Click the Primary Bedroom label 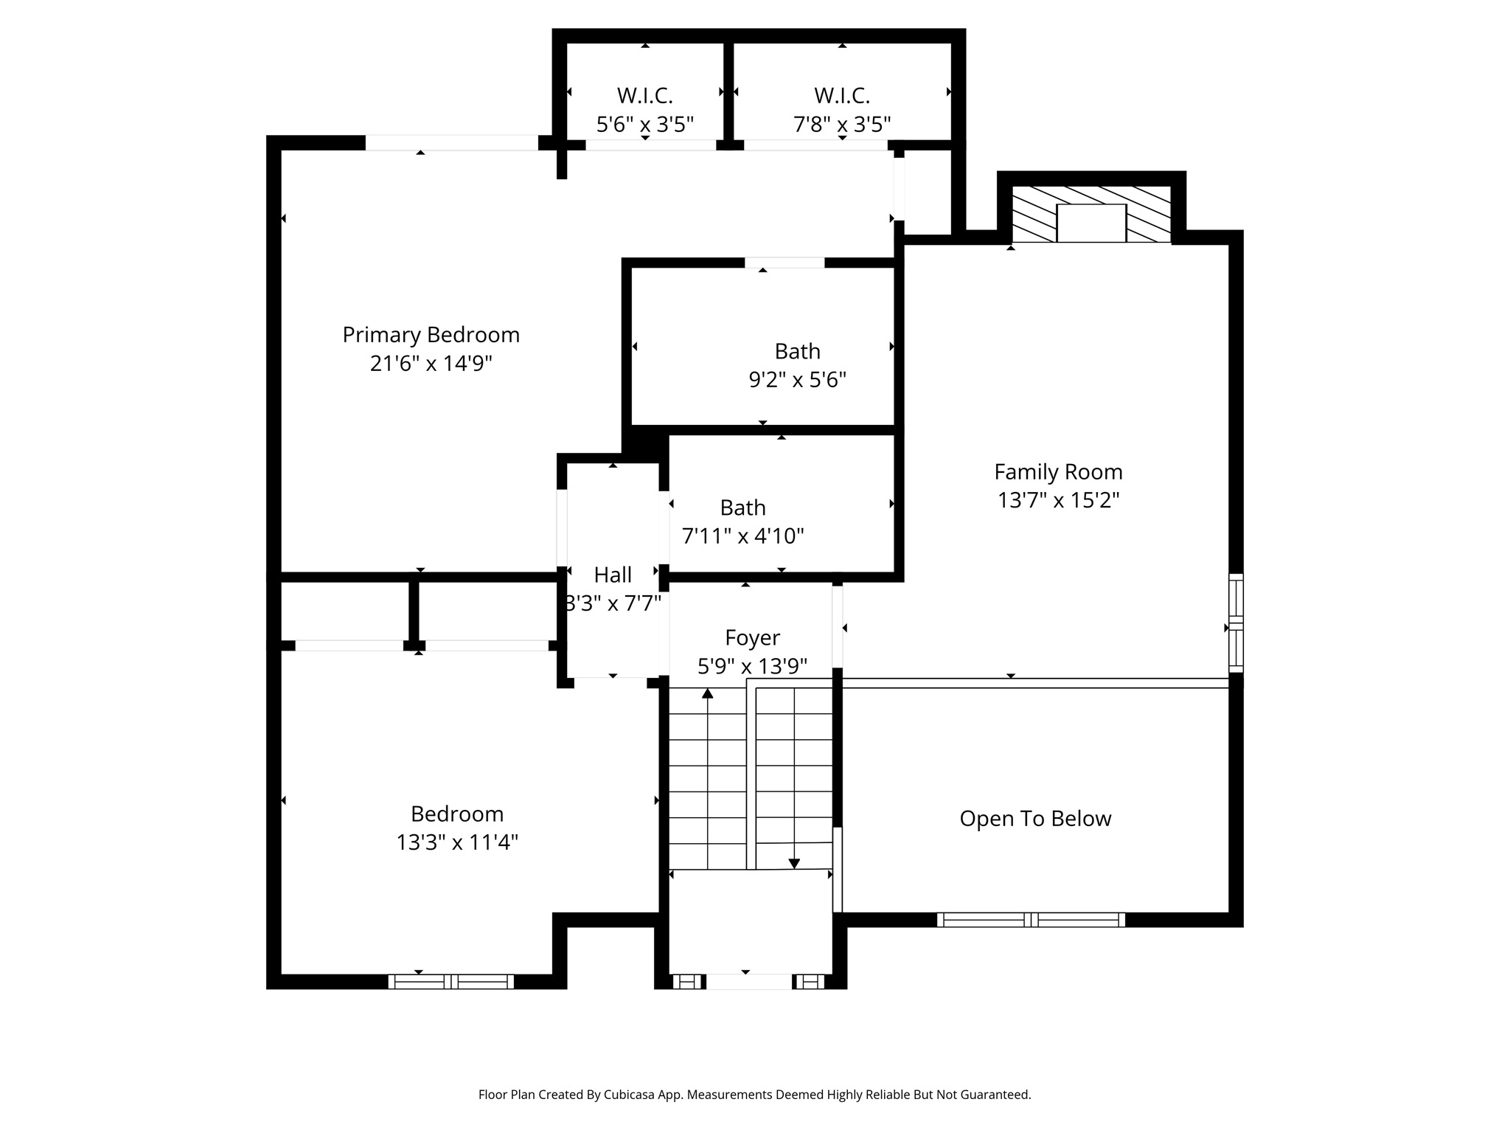[431, 335]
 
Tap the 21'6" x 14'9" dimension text [431, 364]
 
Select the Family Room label [1058, 472]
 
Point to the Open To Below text [1035, 819]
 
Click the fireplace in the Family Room [1091, 222]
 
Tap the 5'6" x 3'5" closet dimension [645, 124]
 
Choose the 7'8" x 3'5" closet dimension [842, 124]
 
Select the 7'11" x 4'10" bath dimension [742, 536]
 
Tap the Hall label [613, 575]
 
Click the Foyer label [752, 637]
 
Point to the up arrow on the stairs [708, 693]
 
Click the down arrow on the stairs [794, 863]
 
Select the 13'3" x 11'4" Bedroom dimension [457, 842]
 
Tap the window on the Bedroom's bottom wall [451, 981]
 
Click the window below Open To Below [1031, 920]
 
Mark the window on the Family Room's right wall [1236, 623]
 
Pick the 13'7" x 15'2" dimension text [1058, 501]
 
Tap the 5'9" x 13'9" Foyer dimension [752, 667]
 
